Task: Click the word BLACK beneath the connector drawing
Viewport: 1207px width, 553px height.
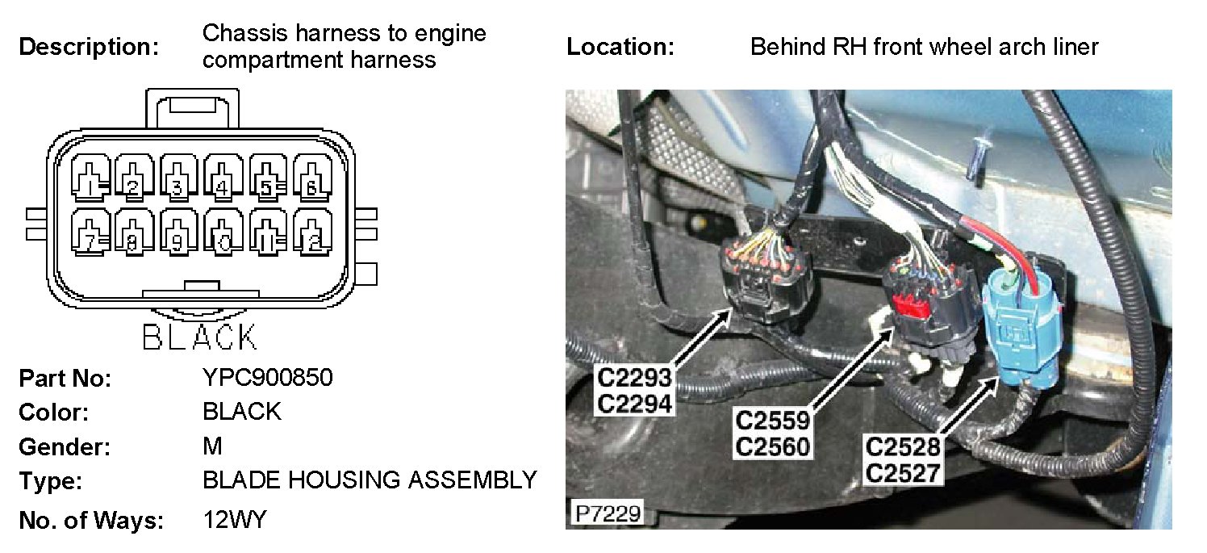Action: [x=199, y=337]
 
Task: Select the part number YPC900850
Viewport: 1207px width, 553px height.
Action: [x=267, y=377]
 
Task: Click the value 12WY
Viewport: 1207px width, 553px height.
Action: [x=234, y=520]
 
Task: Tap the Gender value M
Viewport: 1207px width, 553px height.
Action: [x=212, y=446]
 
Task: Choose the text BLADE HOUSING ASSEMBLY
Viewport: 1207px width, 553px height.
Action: [x=370, y=480]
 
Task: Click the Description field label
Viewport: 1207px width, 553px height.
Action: [x=89, y=47]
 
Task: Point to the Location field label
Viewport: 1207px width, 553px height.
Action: [x=620, y=47]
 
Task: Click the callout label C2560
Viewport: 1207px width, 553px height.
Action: [x=772, y=445]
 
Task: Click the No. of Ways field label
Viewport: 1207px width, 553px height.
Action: [x=90, y=521]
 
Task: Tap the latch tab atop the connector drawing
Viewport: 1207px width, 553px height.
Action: [x=192, y=107]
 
